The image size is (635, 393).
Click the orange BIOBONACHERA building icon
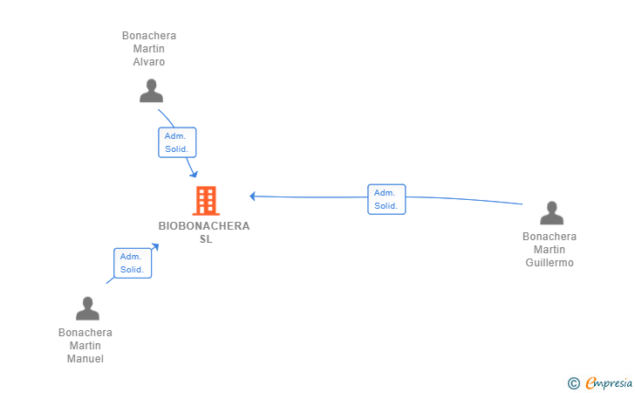pyautogui.click(x=206, y=200)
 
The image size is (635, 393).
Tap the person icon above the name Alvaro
pyautogui.click(x=151, y=91)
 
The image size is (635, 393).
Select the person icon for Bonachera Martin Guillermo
pyautogui.click(x=551, y=213)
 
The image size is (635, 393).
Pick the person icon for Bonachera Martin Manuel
pyautogui.click(x=87, y=308)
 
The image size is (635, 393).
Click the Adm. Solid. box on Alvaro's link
pyautogui.click(x=177, y=142)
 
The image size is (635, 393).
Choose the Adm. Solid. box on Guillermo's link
pyautogui.click(x=386, y=199)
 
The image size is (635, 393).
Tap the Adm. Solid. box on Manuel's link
pyautogui.click(x=133, y=263)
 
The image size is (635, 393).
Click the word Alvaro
pyautogui.click(x=149, y=62)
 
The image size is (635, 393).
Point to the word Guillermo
pyautogui.click(x=550, y=262)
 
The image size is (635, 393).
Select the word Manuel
pyautogui.click(x=85, y=359)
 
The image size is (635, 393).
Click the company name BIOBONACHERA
pyautogui.click(x=204, y=226)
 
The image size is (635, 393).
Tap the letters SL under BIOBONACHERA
pyautogui.click(x=206, y=239)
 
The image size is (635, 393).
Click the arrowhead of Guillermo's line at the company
pyautogui.click(x=252, y=196)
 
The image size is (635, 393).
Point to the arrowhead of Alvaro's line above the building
pyautogui.click(x=194, y=174)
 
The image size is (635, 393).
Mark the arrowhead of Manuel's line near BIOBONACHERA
pyautogui.click(x=155, y=246)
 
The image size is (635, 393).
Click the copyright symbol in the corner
pyautogui.click(x=573, y=383)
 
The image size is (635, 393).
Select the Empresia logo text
pyautogui.click(x=609, y=383)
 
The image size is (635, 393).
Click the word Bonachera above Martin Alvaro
pyautogui.click(x=149, y=35)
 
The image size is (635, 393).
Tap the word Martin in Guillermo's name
pyautogui.click(x=550, y=250)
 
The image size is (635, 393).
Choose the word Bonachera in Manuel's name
pyautogui.click(x=85, y=332)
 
